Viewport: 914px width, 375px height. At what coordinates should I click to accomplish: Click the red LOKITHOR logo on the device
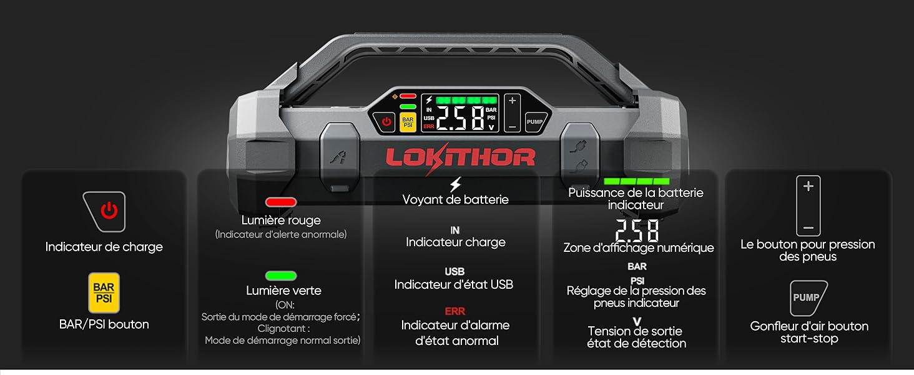[460, 157]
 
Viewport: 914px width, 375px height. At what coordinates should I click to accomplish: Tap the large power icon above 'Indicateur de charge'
[105, 211]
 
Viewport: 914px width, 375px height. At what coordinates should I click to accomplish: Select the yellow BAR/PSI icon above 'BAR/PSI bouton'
[104, 292]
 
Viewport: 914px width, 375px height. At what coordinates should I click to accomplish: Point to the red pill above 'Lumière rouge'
[281, 202]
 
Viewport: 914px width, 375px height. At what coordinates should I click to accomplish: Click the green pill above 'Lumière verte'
[281, 276]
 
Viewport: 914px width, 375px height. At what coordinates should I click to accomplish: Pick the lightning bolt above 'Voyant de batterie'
[455, 185]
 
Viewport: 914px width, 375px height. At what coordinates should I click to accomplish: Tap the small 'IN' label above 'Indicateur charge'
[455, 230]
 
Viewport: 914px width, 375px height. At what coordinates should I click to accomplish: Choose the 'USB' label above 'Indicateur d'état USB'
[455, 271]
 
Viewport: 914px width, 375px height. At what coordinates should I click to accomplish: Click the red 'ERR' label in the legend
[455, 311]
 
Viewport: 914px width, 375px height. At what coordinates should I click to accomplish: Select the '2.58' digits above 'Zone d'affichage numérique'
[637, 231]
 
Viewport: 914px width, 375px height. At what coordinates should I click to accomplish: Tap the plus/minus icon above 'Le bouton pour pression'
[808, 206]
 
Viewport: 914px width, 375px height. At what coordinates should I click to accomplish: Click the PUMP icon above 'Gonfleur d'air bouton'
[807, 298]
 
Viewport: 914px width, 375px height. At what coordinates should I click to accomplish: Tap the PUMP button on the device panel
[534, 122]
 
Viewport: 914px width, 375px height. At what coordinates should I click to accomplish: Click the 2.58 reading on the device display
[459, 118]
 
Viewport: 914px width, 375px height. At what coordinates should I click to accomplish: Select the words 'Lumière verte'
[283, 291]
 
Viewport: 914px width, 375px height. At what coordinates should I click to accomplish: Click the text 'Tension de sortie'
[636, 331]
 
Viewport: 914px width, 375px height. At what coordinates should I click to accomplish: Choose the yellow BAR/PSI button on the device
[408, 121]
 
